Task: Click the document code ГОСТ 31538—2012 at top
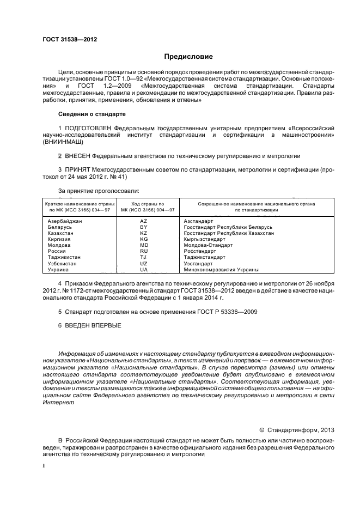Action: (x=66, y=39)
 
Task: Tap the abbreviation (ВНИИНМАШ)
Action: (x=64, y=142)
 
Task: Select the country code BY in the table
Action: (x=144, y=227)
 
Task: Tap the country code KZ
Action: (x=144, y=233)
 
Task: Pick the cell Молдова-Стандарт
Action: (x=208, y=245)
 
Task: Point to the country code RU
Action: (x=144, y=251)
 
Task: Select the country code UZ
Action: (x=144, y=263)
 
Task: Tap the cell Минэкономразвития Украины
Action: (x=221, y=269)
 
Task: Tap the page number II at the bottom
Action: (x=44, y=467)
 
